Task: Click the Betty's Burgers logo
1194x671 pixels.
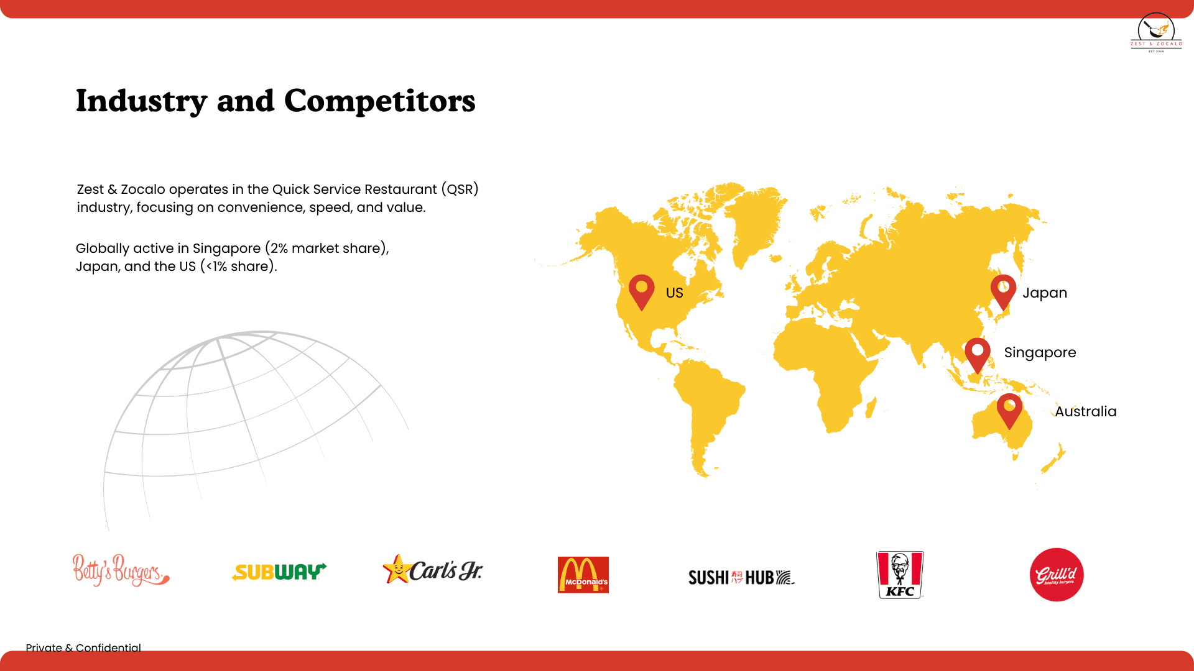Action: (121, 570)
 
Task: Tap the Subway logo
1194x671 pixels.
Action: (279, 572)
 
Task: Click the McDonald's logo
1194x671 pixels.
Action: (583, 575)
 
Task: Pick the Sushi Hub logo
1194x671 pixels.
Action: (741, 578)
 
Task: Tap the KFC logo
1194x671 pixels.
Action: (900, 575)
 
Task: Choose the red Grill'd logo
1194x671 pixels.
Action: (1057, 575)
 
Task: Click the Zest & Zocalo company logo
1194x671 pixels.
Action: (1156, 33)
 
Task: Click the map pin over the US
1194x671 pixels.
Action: (641, 291)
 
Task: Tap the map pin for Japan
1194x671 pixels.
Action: (1003, 291)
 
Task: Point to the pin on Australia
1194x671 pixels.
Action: (1009, 409)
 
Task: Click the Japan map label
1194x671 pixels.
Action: (1045, 293)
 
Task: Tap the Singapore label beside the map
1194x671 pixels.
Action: (1040, 352)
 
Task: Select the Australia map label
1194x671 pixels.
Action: (1085, 411)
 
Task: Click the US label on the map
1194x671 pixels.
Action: (674, 293)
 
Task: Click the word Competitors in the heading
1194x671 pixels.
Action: (379, 101)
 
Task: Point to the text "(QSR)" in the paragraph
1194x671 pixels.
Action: (460, 189)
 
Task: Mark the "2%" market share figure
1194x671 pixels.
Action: (279, 248)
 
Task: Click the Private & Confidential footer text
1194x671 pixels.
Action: (83, 647)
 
